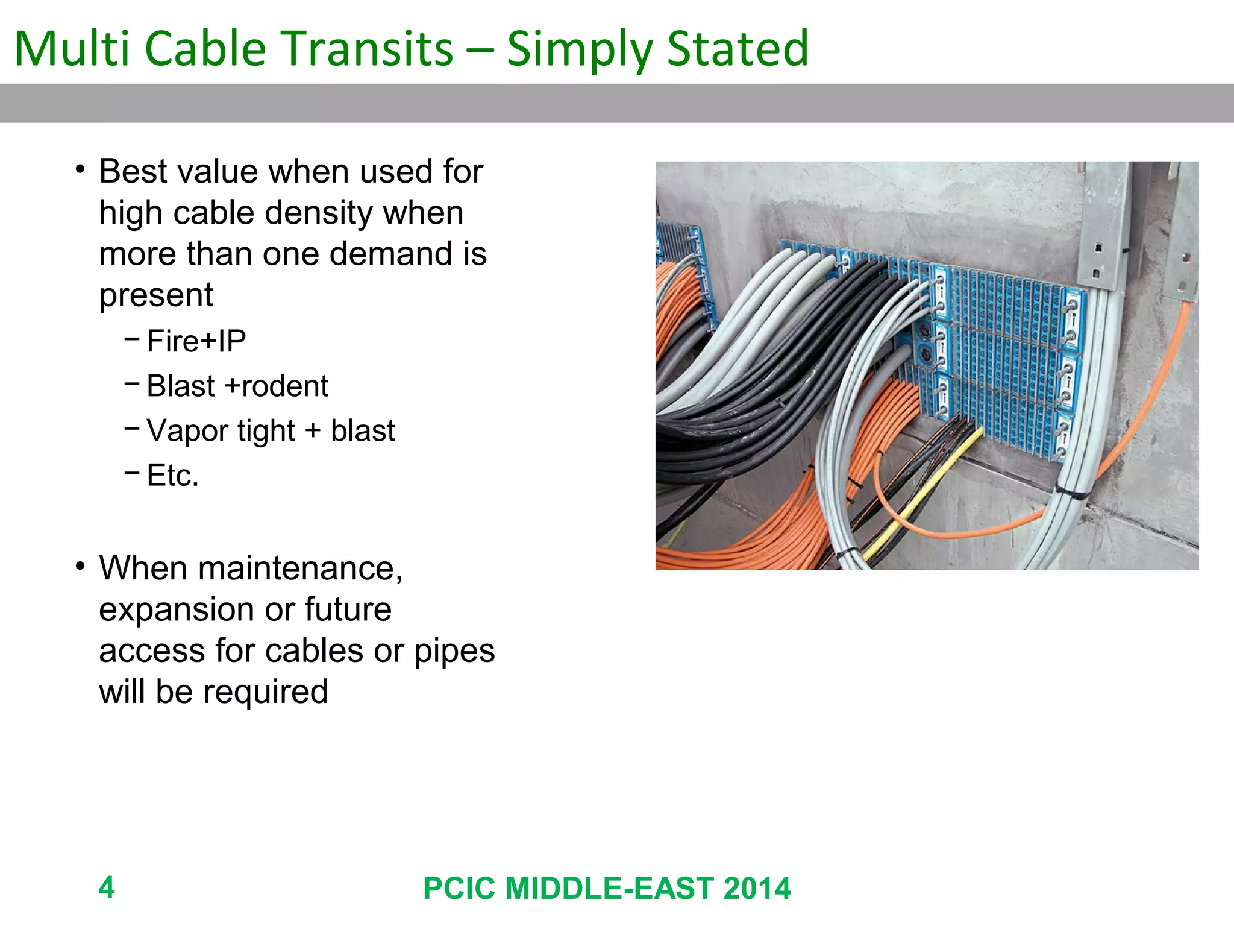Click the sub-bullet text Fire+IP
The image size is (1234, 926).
(196, 341)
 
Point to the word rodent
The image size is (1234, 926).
(284, 386)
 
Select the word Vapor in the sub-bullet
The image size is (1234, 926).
(187, 431)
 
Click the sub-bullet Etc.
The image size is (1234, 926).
(172, 476)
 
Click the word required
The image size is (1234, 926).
(265, 692)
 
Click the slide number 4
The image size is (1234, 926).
(107, 887)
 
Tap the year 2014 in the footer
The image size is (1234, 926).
(757, 889)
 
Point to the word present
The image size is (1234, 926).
(156, 295)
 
